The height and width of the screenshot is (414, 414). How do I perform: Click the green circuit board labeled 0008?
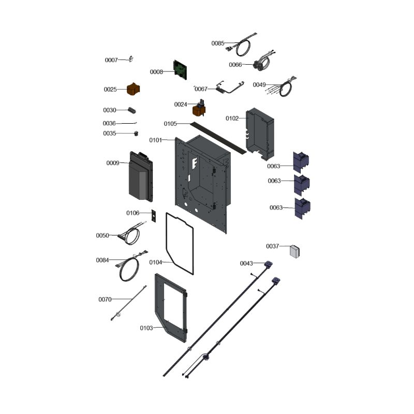[x=180, y=70]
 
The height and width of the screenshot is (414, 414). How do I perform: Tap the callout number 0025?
[x=110, y=90]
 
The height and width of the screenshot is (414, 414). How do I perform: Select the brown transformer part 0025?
[x=134, y=89]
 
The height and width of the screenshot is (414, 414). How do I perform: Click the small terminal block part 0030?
[x=132, y=110]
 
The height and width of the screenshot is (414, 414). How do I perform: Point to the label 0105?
[x=170, y=124]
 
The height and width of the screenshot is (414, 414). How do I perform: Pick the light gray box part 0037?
[x=294, y=252]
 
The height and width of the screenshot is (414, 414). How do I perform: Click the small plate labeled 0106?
[x=153, y=216]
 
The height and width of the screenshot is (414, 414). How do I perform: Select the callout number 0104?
[x=156, y=262]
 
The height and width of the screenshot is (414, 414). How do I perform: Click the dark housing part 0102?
[x=260, y=134]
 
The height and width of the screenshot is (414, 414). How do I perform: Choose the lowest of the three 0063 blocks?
[x=302, y=209]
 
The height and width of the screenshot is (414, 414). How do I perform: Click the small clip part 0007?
[x=131, y=59]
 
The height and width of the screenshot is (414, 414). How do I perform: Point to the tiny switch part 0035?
[x=136, y=134]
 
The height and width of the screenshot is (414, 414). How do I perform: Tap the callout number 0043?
[x=246, y=263]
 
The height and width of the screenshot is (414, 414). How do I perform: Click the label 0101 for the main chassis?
[x=156, y=140]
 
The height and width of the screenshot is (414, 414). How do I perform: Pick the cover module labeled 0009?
[x=141, y=176]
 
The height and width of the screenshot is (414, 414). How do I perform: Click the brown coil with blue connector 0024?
[x=199, y=108]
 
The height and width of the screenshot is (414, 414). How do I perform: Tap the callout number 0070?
[x=105, y=300]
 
